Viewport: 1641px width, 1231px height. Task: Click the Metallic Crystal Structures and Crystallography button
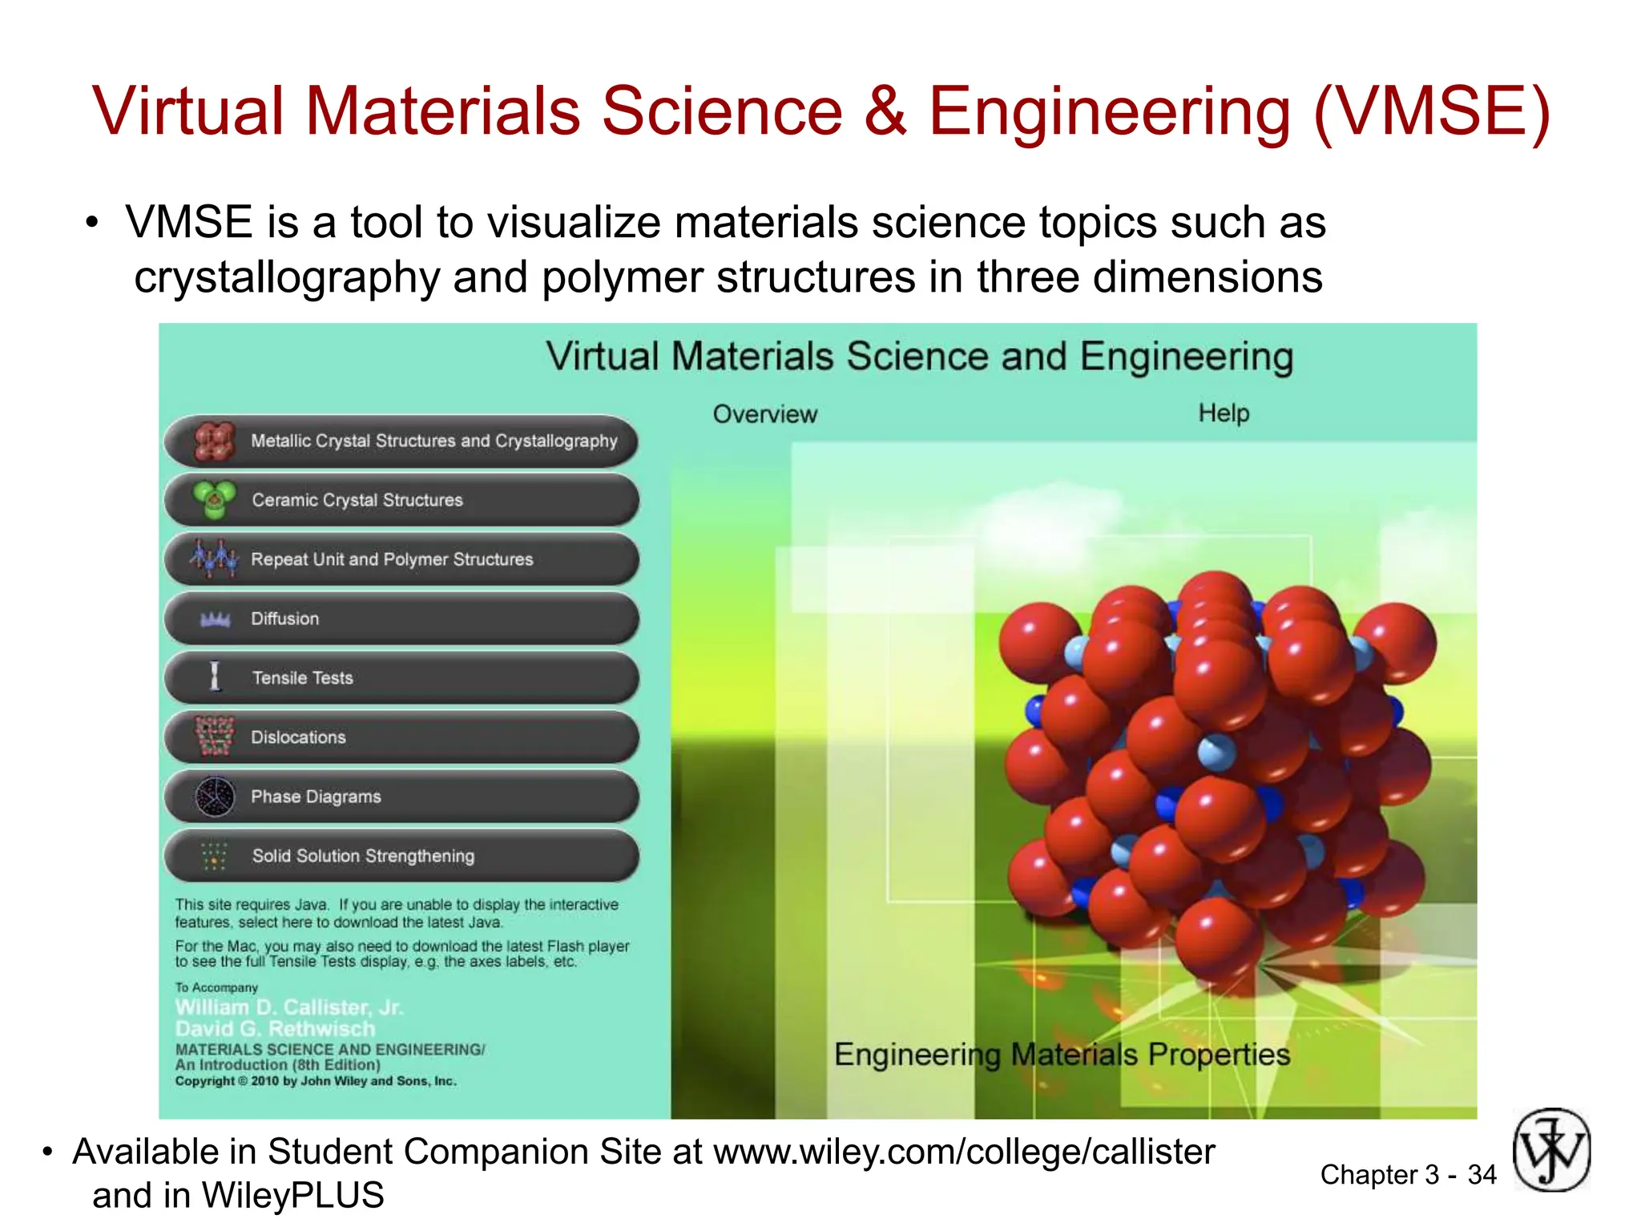(401, 441)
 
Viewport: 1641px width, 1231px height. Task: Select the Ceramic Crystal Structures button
(401, 500)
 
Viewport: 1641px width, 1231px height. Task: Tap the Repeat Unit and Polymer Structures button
(401, 559)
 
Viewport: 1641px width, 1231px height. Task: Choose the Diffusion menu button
(401, 619)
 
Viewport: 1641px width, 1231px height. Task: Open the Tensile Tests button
(401, 678)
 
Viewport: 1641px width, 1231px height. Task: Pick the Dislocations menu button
(401, 737)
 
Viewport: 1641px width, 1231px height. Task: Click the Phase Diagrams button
(401, 797)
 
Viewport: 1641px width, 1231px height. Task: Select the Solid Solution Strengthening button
(401, 856)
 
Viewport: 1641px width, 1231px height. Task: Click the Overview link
(765, 414)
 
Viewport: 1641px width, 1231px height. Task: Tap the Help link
(1224, 414)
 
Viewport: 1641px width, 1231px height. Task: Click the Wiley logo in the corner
(1551, 1150)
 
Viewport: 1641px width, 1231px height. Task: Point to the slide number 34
(1482, 1175)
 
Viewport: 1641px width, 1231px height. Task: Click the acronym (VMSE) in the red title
(1431, 111)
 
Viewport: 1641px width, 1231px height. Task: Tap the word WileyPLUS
(292, 1196)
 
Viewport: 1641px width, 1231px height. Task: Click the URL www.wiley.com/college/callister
(964, 1152)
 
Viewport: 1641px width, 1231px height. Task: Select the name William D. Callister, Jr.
(289, 1007)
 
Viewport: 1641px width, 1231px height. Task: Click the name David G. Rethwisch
(276, 1029)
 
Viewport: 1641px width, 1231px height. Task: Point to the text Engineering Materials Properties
(1062, 1055)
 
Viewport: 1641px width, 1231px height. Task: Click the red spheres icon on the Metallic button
(214, 442)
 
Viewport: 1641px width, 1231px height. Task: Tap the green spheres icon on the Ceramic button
(214, 499)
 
